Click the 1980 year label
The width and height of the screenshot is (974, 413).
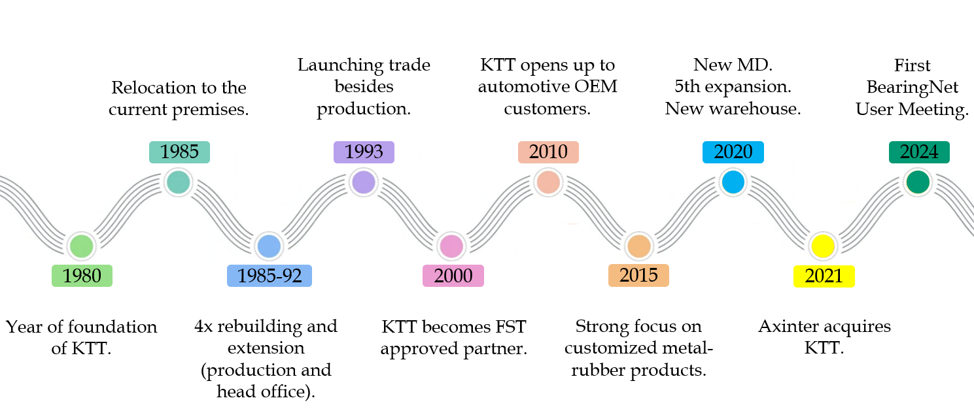[x=82, y=276]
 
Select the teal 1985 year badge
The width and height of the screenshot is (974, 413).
[x=179, y=152]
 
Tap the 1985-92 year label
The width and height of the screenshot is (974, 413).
[x=270, y=276]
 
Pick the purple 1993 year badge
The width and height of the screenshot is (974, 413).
[x=364, y=152]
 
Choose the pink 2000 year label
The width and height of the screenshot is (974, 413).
[x=453, y=276]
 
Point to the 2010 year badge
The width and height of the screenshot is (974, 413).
[x=548, y=152]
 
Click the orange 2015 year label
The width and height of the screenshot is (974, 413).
[x=638, y=274]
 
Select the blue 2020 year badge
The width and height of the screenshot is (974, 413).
[x=733, y=152]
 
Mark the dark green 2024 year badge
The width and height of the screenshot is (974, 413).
[x=919, y=152]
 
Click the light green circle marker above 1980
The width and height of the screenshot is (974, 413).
[x=82, y=246]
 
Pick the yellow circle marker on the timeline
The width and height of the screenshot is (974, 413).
[x=822, y=246]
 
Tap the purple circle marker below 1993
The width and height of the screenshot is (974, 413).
[x=363, y=182]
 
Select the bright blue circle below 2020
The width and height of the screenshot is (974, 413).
[x=733, y=182]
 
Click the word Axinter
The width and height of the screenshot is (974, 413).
[x=788, y=325]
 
